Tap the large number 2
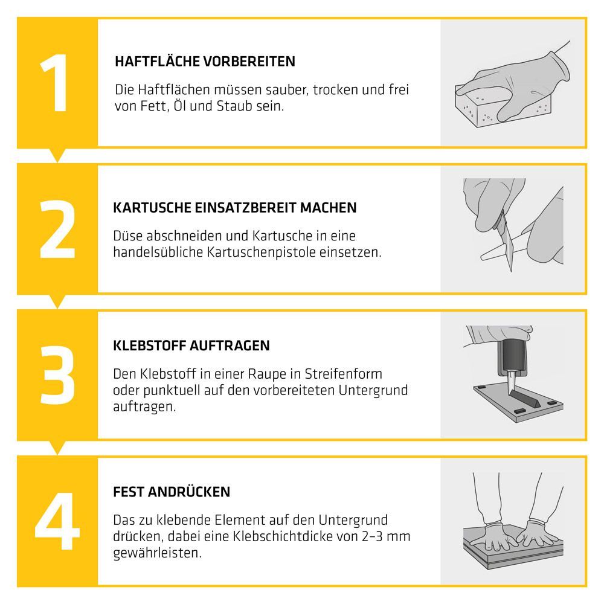(57, 229)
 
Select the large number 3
(57, 375)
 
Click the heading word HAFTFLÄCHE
(157, 61)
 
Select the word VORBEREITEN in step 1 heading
(249, 61)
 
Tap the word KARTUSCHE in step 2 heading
(152, 208)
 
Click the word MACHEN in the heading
(328, 208)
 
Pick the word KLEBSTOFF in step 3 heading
(149, 345)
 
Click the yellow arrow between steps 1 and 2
(57, 155)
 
